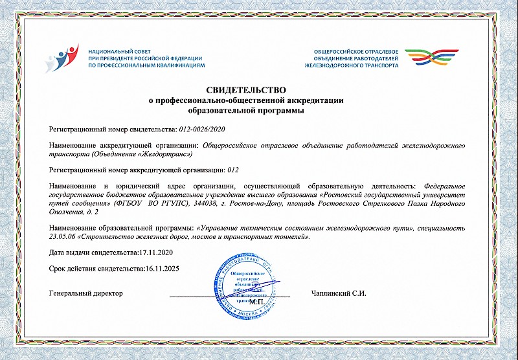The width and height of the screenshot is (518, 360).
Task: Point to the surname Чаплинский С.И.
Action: [x=339, y=293]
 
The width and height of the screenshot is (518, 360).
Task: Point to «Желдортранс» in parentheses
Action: [x=164, y=153]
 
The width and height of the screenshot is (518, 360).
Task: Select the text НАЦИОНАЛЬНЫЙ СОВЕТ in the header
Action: [x=119, y=50]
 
